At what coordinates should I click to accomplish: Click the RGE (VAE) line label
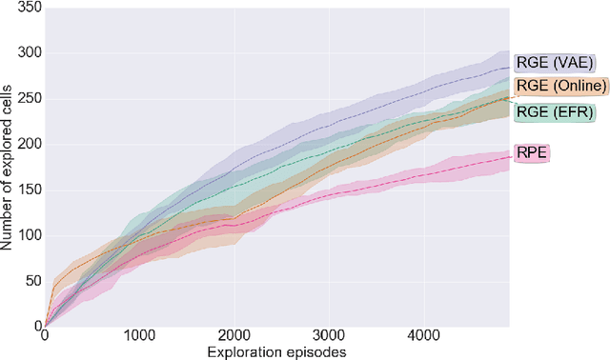(x=555, y=63)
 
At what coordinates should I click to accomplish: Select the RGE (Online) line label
(x=560, y=87)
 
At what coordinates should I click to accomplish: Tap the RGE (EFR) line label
(x=554, y=112)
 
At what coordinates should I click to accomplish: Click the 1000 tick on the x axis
(x=140, y=336)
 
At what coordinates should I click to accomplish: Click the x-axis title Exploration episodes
(x=276, y=351)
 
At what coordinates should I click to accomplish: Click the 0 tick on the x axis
(x=46, y=336)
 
